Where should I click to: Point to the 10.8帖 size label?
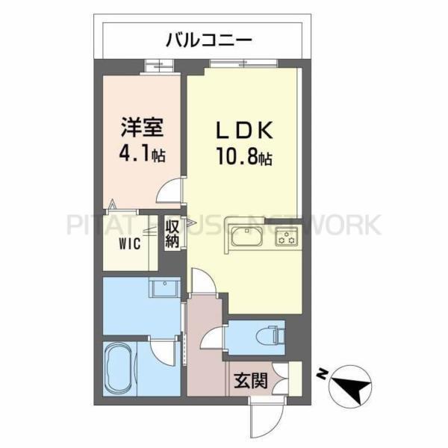pyautogui.click(x=244, y=158)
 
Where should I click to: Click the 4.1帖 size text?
pyautogui.click(x=140, y=155)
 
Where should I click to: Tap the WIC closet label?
pyautogui.click(x=128, y=243)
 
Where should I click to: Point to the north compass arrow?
pyautogui.click(x=352, y=385)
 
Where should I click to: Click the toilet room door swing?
pyautogui.click(x=212, y=336)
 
